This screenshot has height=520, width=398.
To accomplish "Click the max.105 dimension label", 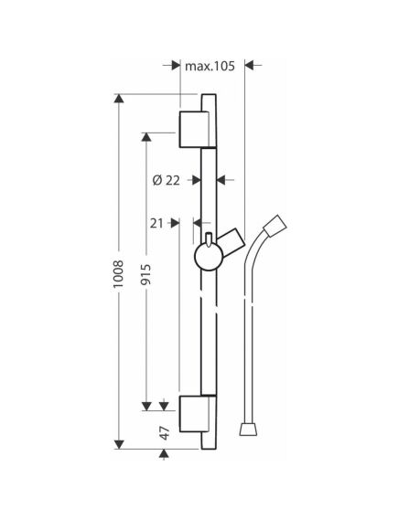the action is tap(210, 67).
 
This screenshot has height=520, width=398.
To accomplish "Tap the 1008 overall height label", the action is tap(119, 274).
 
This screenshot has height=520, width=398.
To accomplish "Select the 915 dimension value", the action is tap(145, 274).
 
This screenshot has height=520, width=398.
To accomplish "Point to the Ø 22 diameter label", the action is tap(166, 180).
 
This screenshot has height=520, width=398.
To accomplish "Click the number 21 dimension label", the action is tap(156, 224).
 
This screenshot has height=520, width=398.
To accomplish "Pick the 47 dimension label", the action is tap(165, 433).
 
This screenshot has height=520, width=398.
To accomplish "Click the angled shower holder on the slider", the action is tap(231, 243).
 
